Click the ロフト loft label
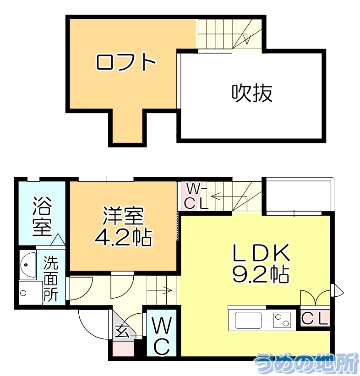[126, 62]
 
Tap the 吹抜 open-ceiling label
[251, 93]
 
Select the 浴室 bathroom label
[42, 217]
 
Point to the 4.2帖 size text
[123, 237]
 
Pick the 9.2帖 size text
[260, 274]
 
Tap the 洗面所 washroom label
[51, 278]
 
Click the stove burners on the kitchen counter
[282, 320]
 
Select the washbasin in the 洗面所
[28, 266]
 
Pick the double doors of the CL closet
[315, 297]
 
